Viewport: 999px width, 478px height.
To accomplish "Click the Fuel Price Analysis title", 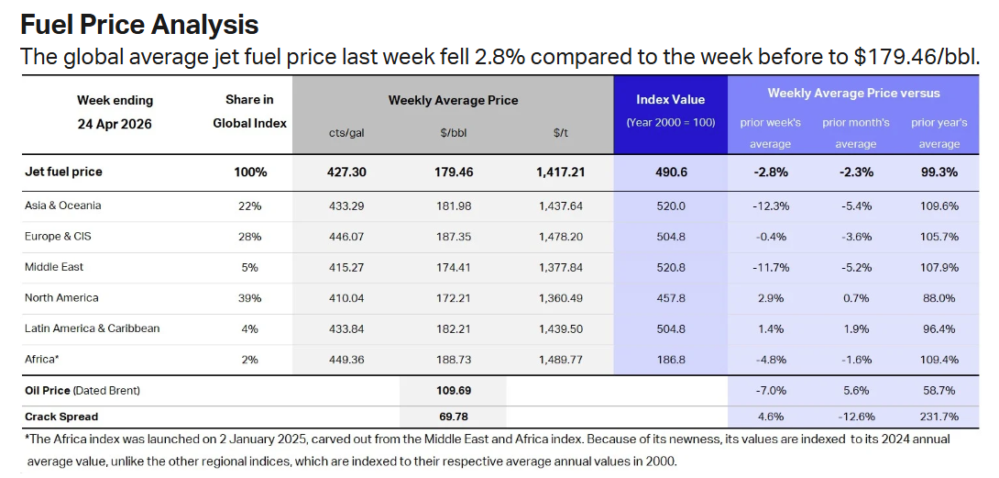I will (x=139, y=24).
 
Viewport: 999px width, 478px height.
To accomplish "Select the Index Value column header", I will (x=670, y=99).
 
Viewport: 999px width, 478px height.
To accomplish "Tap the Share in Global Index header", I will (x=249, y=111).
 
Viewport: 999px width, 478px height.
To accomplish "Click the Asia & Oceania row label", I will (x=63, y=206).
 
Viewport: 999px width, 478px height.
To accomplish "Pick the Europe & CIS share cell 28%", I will (x=249, y=237).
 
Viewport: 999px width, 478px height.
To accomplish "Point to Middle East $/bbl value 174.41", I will (x=453, y=267).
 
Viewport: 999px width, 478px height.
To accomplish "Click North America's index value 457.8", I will (x=670, y=298).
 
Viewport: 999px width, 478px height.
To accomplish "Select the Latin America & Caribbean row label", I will (x=93, y=328).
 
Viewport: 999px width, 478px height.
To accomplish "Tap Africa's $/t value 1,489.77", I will (x=562, y=360).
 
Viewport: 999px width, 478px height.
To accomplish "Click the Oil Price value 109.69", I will (x=453, y=391).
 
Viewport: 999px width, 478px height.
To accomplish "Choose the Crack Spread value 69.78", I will (x=453, y=417).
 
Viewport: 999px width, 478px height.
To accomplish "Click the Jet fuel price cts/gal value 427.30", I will (x=346, y=172).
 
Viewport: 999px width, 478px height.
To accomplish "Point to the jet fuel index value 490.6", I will (x=670, y=172).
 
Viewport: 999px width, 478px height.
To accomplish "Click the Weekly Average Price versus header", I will (x=853, y=93).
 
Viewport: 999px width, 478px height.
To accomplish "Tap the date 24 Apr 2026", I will (x=115, y=124).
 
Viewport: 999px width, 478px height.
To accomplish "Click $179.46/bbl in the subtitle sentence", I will (x=916, y=57).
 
